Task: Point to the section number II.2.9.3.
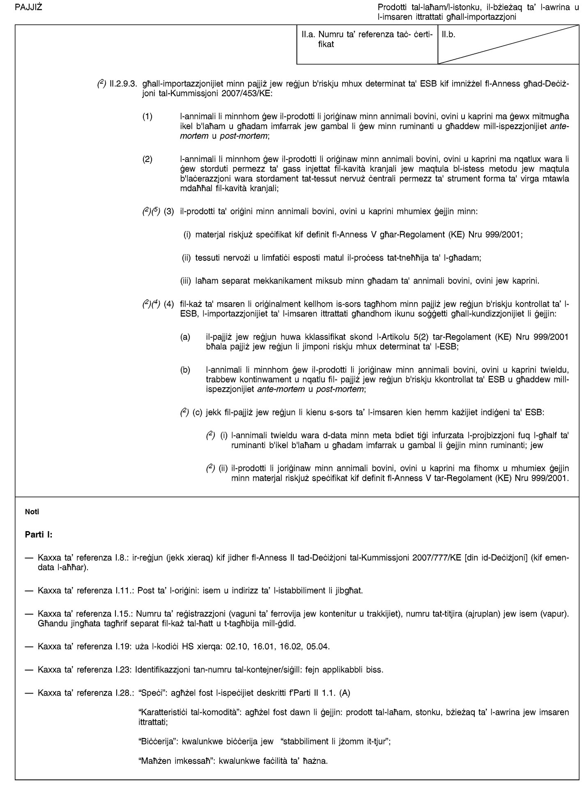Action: point(124,84)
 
